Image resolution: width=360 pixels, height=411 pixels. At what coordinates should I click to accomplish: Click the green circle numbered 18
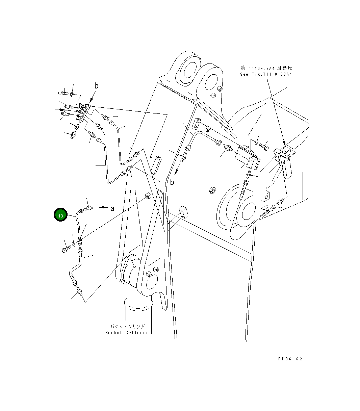[60, 215]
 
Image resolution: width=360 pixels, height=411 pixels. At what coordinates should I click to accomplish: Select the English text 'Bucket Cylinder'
[127, 333]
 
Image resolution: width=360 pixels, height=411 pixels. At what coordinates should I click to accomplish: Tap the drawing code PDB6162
[290, 359]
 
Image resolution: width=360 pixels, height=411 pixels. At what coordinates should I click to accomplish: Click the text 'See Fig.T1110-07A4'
[266, 74]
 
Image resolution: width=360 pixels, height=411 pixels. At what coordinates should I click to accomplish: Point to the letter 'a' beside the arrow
[112, 209]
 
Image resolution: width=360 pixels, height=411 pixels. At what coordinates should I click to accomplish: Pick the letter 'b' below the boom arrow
[172, 183]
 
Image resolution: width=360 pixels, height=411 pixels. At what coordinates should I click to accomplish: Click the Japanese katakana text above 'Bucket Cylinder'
[128, 326]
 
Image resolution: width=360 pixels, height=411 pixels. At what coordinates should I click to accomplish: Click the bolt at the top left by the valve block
[62, 92]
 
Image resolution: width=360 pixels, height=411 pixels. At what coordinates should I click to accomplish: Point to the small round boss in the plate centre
[212, 190]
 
